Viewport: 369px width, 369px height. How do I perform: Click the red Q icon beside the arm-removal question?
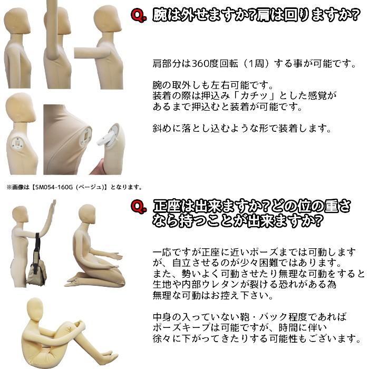[x=138, y=17]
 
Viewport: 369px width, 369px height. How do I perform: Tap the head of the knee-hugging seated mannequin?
[x=35, y=310]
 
